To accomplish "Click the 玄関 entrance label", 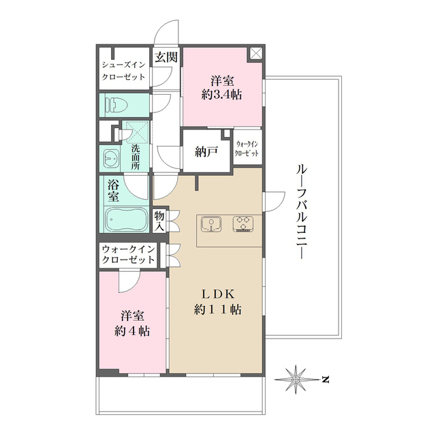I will (x=166, y=57).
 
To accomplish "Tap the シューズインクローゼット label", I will (x=124, y=71).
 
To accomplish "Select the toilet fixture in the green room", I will (x=116, y=105).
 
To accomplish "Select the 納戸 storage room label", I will (x=207, y=152).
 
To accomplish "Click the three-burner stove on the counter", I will (x=243, y=224).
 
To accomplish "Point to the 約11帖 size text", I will (x=217, y=309).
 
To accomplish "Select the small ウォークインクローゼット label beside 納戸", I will (x=247, y=149).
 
